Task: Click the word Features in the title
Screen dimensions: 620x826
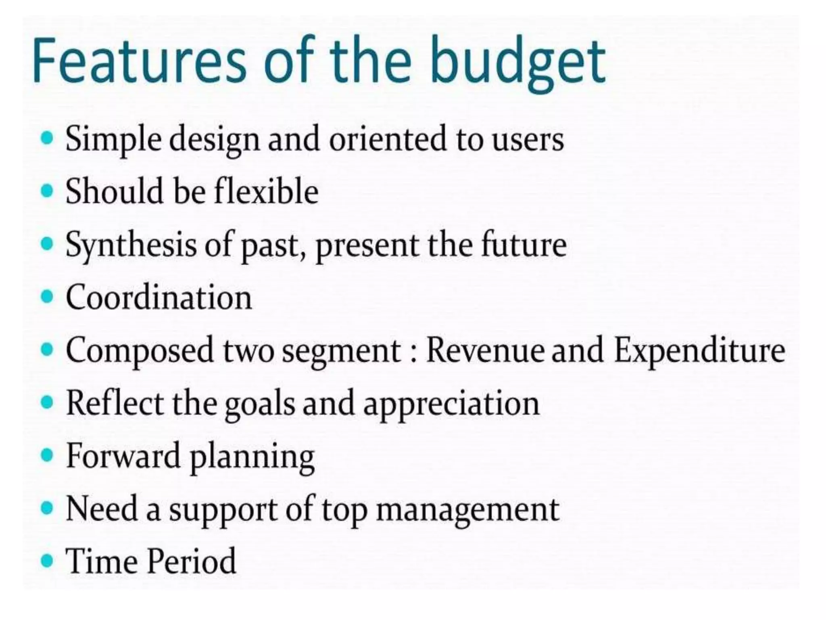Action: (x=139, y=61)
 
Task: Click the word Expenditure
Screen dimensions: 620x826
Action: (x=699, y=350)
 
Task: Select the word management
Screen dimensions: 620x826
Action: (x=467, y=509)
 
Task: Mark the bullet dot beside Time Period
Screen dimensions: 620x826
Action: (x=47, y=561)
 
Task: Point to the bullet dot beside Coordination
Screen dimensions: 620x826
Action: (x=47, y=297)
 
